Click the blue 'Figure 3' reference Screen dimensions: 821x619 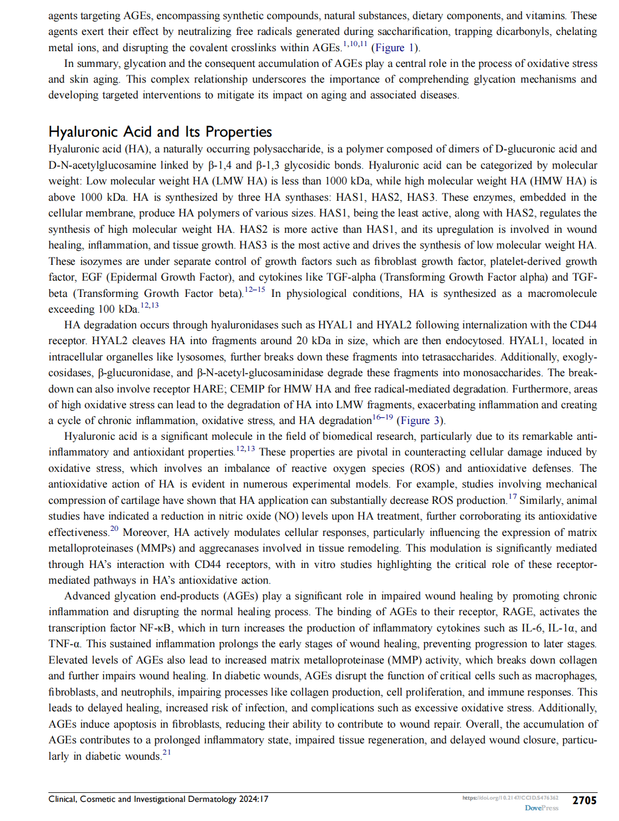(x=420, y=421)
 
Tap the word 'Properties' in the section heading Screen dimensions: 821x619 (x=239, y=132)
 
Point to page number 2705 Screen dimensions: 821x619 (x=584, y=800)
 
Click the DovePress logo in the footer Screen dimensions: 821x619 (x=541, y=808)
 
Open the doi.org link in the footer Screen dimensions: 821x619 (x=510, y=798)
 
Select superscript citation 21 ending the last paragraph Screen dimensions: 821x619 (x=167, y=752)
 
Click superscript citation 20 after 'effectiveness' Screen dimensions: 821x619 (x=114, y=529)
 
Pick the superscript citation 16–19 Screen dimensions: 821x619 (x=383, y=417)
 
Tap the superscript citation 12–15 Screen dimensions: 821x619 (x=255, y=290)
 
